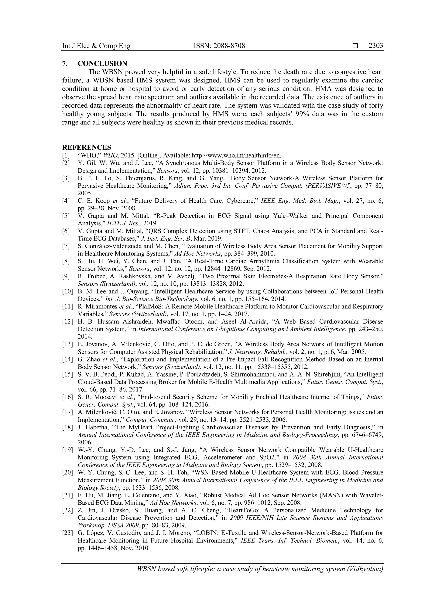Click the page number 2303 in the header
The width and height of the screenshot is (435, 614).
(376, 46)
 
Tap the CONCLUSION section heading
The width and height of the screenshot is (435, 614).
(102, 64)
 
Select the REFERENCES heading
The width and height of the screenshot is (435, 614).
(86, 147)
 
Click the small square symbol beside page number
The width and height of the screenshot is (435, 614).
(355, 46)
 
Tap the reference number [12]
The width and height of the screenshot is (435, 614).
(67, 321)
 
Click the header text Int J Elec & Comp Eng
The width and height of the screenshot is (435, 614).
(96, 46)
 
